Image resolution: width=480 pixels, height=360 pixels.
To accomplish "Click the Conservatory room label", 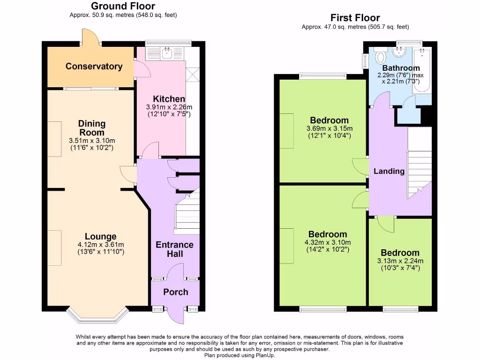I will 94,66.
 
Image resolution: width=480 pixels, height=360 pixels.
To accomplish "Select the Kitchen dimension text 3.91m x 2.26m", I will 169,107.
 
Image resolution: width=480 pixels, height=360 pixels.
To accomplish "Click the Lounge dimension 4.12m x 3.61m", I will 100,245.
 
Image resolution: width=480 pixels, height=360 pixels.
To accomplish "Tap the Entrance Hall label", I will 174,249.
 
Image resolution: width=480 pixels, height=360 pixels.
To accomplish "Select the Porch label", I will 175,292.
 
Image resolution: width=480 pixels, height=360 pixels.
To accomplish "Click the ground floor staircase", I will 187,213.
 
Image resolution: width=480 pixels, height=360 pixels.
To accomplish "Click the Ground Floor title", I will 123,6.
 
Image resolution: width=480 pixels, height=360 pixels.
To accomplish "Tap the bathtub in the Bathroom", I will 423,70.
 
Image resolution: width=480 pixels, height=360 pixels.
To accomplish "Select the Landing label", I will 389,171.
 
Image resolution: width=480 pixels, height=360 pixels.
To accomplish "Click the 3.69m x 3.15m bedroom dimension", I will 329,129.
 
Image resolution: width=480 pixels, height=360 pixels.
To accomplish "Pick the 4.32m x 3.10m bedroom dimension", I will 328,242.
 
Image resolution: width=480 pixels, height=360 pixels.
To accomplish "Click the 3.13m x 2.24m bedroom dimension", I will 400,261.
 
